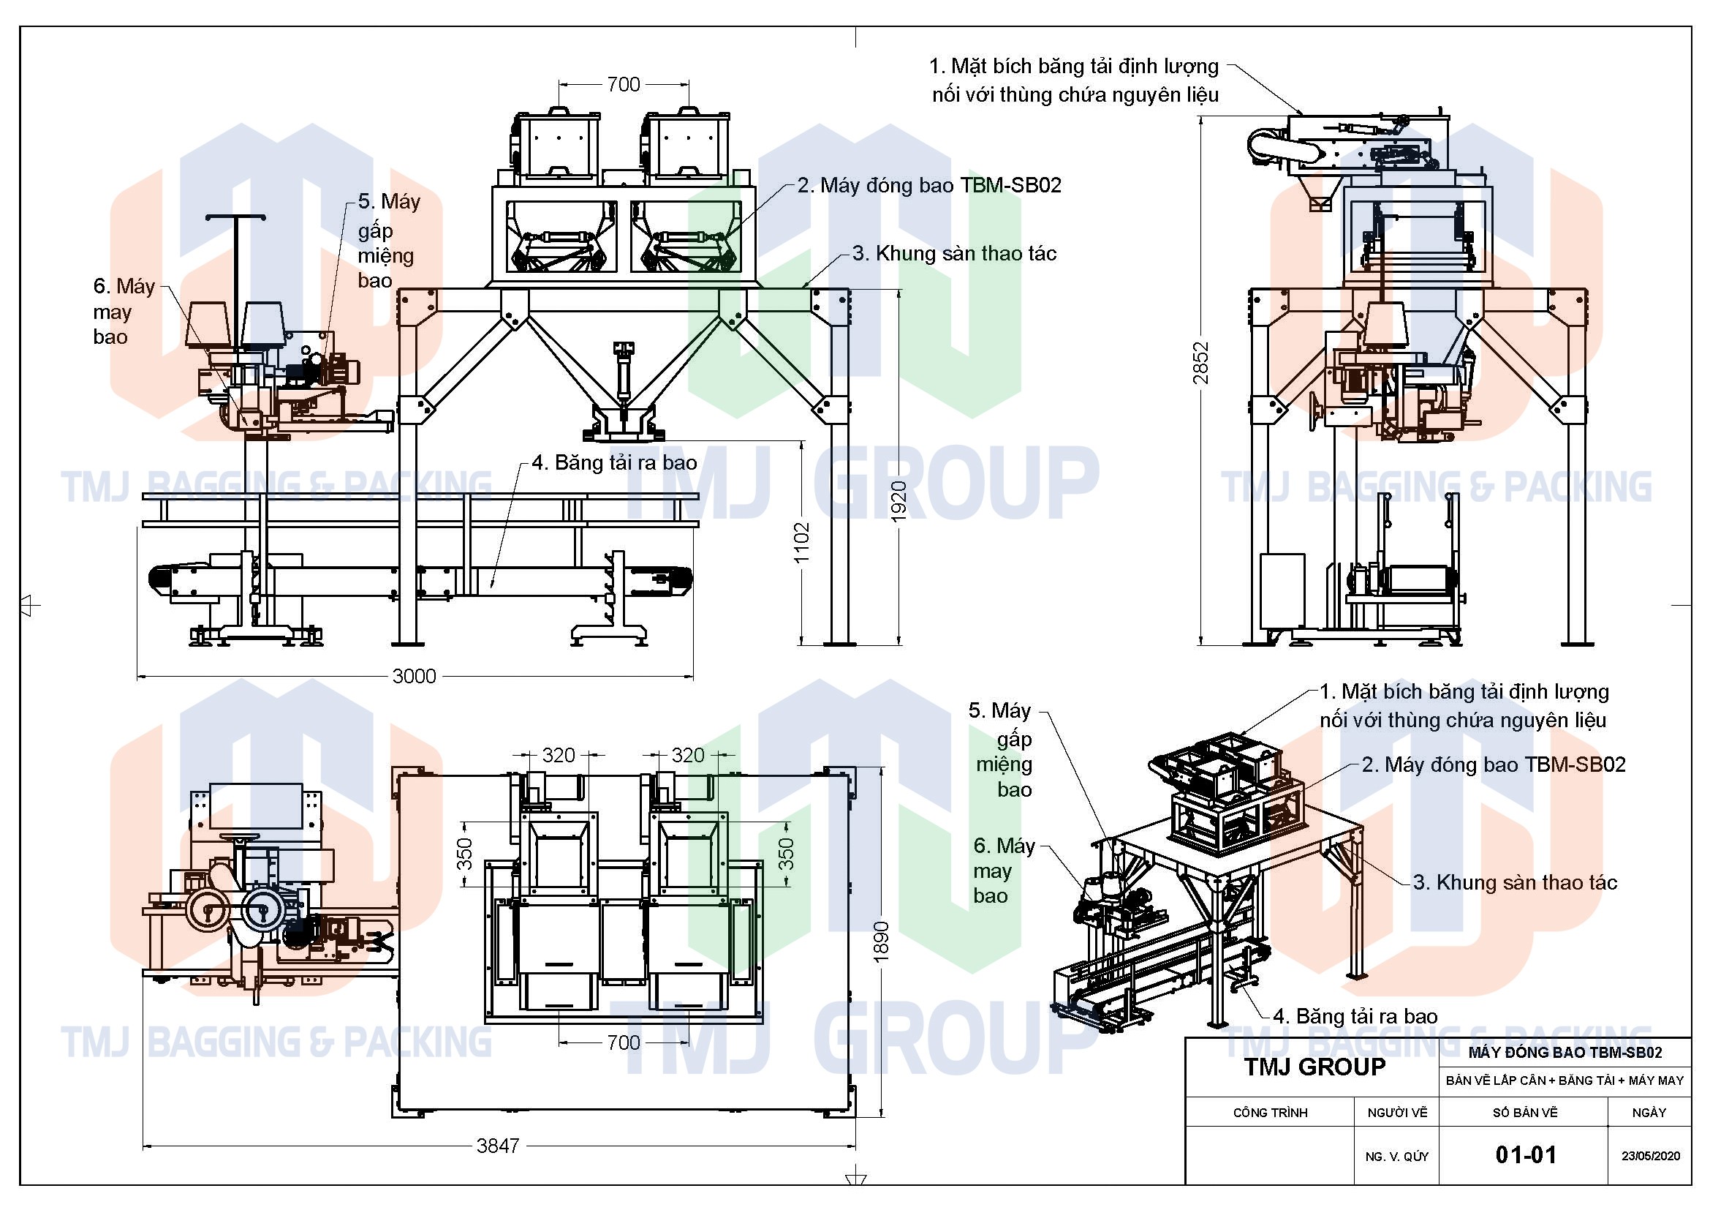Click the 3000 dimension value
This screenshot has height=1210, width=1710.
tap(414, 676)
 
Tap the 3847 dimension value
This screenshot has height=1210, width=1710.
tap(498, 1146)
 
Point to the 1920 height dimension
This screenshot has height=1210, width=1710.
tap(899, 500)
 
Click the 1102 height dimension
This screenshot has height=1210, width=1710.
tap(801, 541)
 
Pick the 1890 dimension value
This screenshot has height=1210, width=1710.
tap(881, 942)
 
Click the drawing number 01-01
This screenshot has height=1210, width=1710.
tap(1525, 1156)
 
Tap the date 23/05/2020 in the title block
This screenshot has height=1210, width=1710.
tap(1651, 1157)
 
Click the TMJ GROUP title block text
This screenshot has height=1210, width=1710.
tap(1314, 1067)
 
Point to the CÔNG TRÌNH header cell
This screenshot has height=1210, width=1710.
tap(1270, 1113)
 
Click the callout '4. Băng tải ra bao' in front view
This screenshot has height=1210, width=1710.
tap(614, 462)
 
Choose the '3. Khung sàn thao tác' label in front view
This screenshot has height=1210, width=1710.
tap(955, 253)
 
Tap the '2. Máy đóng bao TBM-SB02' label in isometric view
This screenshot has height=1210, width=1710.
tap(1494, 764)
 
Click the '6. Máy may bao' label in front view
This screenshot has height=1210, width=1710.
tap(123, 312)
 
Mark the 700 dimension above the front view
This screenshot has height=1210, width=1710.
tap(624, 84)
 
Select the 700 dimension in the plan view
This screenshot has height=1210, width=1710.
tap(624, 1042)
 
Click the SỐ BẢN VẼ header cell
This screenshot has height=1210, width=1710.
tap(1524, 1113)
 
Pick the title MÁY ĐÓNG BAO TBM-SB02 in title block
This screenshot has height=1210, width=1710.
tap(1565, 1053)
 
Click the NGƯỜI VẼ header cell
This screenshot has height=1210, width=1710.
tap(1397, 1113)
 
